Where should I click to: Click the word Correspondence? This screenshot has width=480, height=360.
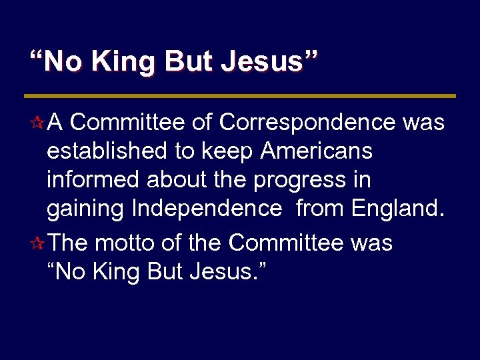(307, 123)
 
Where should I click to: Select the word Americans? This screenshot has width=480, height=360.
(316, 151)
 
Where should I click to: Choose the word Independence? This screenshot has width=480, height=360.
(207, 209)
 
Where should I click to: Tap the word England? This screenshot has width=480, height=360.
(397, 209)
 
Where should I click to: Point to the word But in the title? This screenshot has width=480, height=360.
(187, 62)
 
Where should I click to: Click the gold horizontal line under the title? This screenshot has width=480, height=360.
(240, 96)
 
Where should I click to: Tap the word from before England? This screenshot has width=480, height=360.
(321, 209)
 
